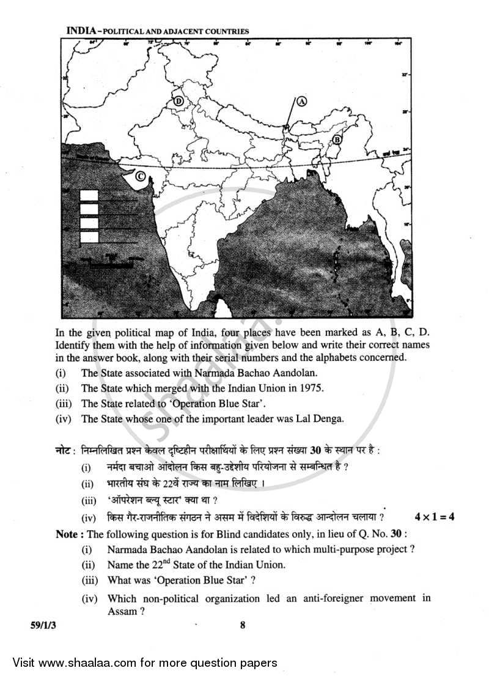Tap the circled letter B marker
[x=336, y=140]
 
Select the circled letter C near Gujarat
[x=140, y=177]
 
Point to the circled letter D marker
[x=178, y=101]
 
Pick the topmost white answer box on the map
[x=89, y=196]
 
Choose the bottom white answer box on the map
[x=89, y=237]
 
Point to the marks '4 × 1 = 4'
[x=434, y=517]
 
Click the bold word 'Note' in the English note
[x=66, y=534]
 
